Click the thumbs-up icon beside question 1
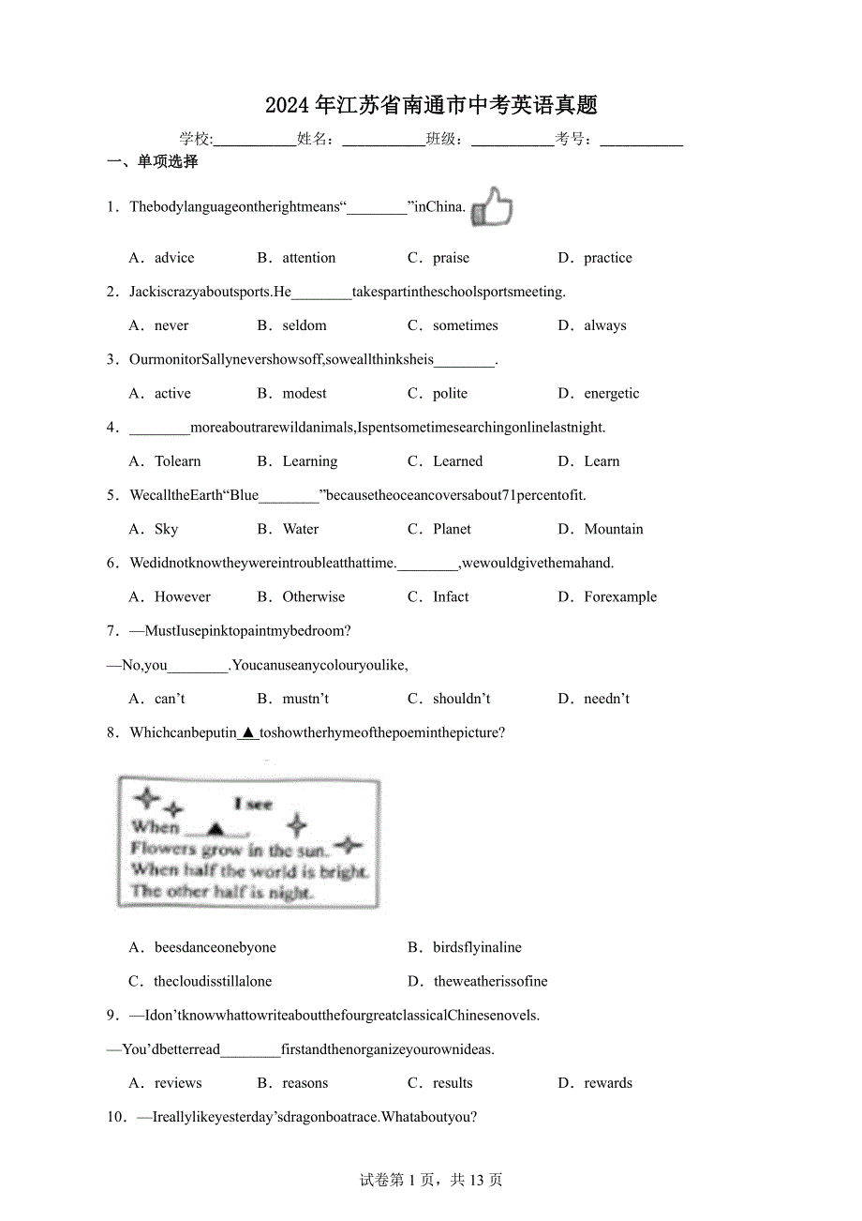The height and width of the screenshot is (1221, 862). pos(492,207)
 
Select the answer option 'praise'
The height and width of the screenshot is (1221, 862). pos(451,258)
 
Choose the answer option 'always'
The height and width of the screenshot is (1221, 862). pos(604,325)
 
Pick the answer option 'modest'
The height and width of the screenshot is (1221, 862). pos(305,393)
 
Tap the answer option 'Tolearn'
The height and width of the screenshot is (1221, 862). pos(177,461)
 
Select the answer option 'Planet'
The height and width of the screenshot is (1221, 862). pos(452,529)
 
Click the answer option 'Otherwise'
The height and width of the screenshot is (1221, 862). pos(313,596)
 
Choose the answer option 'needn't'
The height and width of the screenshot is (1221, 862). pos(606,699)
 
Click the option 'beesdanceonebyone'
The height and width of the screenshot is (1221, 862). pos(215,947)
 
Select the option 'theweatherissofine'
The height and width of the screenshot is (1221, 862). pos(490,981)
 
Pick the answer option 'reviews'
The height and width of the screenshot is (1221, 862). pos(178,1083)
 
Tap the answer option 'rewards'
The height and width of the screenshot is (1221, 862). pos(608,1083)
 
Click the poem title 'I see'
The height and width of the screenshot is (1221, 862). pos(253,804)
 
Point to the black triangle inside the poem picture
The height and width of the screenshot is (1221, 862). pos(216,828)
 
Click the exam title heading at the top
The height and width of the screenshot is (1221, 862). pos(431,105)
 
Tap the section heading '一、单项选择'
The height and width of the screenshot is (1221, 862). pos(153,161)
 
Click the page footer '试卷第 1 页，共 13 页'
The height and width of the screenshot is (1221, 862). pos(431,1180)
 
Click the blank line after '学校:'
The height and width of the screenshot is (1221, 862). pos(255,140)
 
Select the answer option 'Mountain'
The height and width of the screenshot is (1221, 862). pos(613,529)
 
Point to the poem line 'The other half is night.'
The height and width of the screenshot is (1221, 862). pos(221,892)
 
